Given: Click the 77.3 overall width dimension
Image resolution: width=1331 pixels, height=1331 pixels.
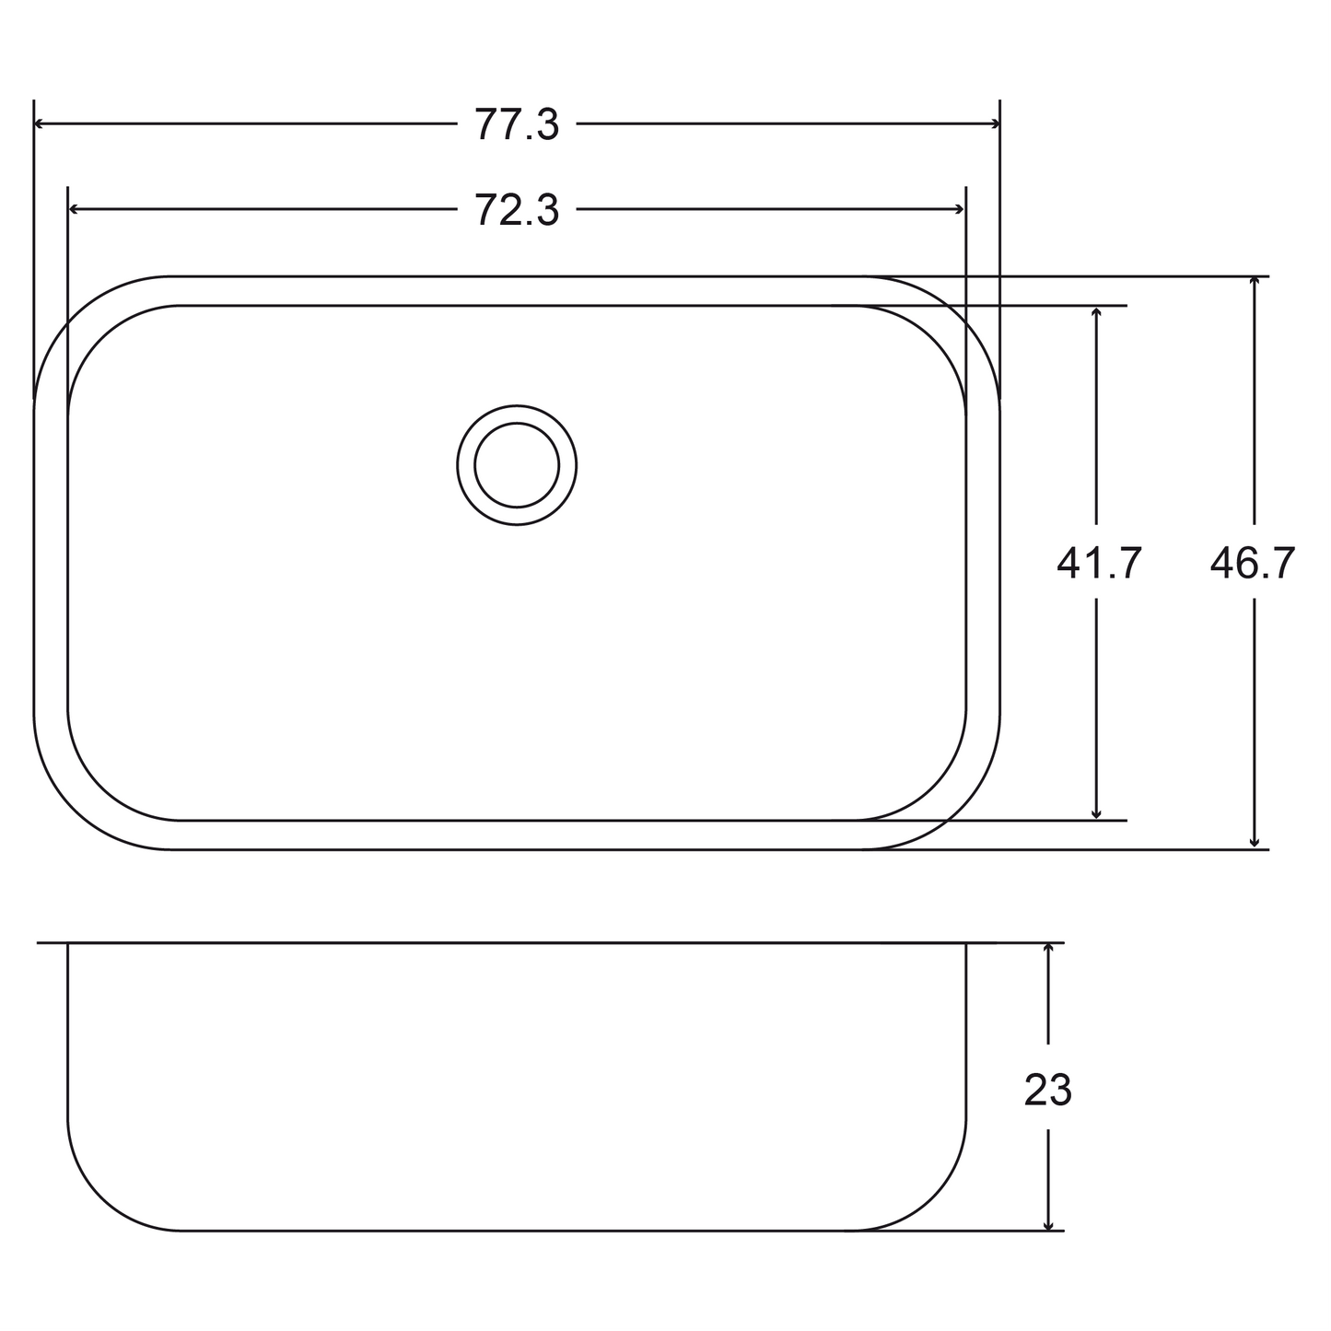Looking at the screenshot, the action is (x=517, y=125).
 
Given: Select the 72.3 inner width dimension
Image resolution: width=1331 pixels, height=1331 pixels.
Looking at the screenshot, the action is (x=517, y=210).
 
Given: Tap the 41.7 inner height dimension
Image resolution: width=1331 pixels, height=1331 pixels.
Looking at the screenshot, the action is (x=1099, y=563).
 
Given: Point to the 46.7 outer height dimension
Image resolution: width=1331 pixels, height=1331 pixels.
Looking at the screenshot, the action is (x=1253, y=563).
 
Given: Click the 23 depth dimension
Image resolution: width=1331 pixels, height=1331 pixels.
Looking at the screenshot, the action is (x=1048, y=1091).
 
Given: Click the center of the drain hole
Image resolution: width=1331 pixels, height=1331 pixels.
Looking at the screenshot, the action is (x=517, y=465).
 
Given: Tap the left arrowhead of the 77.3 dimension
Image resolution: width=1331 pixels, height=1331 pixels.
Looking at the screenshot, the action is (x=40, y=124).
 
